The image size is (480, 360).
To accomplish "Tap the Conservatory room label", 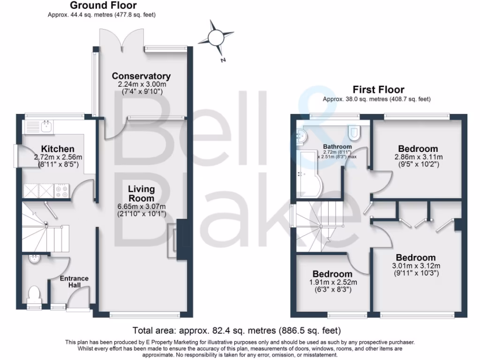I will pyautogui.click(x=141, y=76).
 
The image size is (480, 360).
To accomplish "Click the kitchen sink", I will pyautogui.click(x=46, y=126).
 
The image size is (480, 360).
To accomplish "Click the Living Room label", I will pyautogui.click(x=142, y=194).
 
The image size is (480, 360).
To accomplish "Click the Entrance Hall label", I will pyautogui.click(x=74, y=282).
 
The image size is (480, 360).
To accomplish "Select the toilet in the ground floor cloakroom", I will pyautogui.click(x=34, y=294).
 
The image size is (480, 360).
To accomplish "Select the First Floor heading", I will pyautogui.click(x=378, y=90).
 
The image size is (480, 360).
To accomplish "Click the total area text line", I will pyautogui.click(x=236, y=330).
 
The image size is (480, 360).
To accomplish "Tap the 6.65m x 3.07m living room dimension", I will pyautogui.click(x=141, y=207).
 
